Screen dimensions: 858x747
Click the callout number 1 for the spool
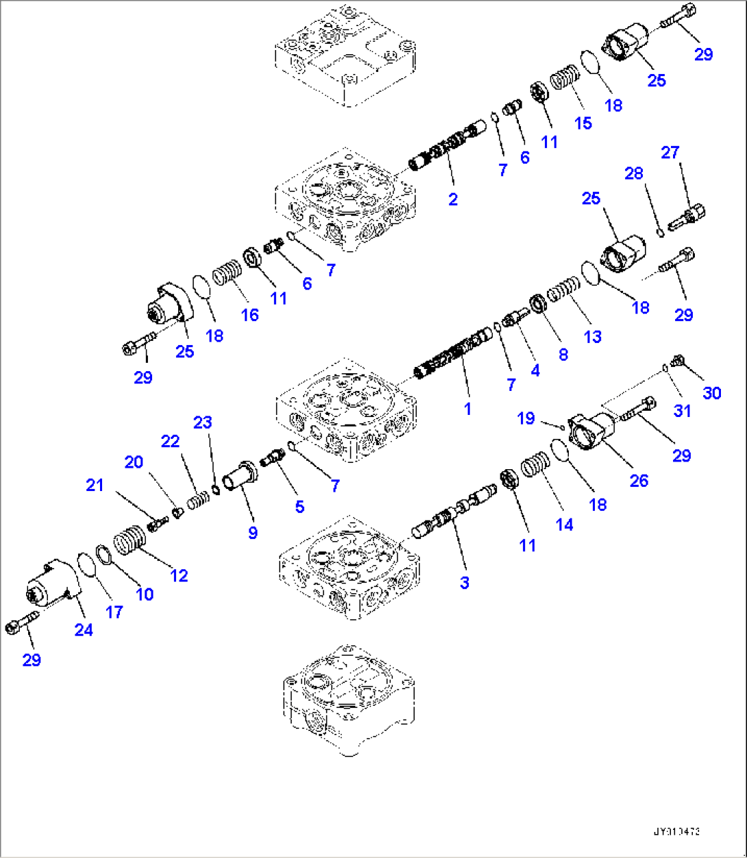467,409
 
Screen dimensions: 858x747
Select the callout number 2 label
453,200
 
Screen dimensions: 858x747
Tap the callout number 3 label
465,583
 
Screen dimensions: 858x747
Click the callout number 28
634,173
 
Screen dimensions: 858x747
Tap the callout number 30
712,393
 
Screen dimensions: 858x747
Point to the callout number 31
682,411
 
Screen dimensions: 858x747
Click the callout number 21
95,485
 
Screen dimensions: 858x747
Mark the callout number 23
203,422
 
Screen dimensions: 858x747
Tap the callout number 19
526,418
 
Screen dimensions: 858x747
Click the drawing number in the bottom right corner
676,832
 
